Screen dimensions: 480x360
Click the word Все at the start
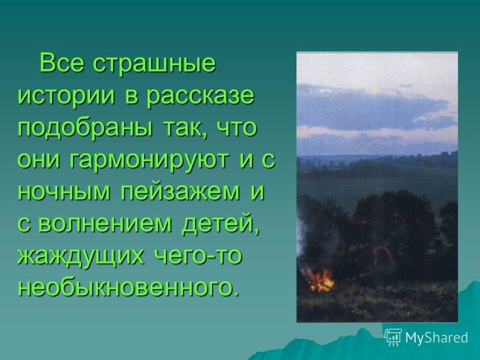click(61, 63)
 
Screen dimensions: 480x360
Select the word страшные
click(154, 65)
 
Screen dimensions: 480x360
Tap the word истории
click(66, 95)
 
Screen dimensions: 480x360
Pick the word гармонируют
click(149, 161)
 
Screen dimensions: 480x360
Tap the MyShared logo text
click(436, 337)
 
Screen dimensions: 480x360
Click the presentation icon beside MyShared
click(393, 337)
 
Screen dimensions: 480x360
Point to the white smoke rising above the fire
click(302, 242)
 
